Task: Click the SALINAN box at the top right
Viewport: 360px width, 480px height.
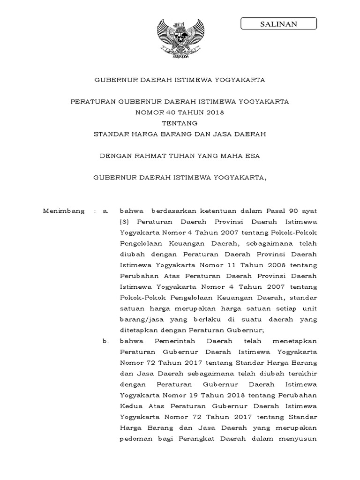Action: (x=278, y=24)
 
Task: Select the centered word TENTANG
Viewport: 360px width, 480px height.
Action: (x=180, y=123)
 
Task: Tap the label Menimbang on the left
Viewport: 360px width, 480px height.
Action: (x=64, y=211)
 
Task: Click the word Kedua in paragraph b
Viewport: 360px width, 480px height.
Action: (x=131, y=405)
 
